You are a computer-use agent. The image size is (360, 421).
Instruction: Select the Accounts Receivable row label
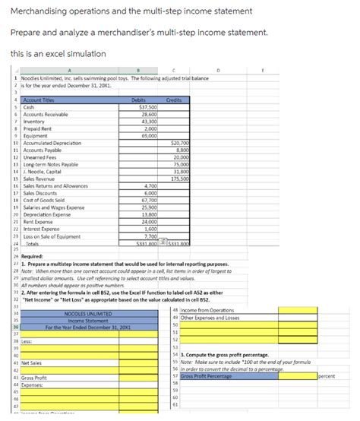click(x=46, y=114)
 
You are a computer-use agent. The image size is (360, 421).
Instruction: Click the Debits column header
click(x=139, y=100)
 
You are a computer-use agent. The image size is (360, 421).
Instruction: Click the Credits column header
click(x=173, y=100)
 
